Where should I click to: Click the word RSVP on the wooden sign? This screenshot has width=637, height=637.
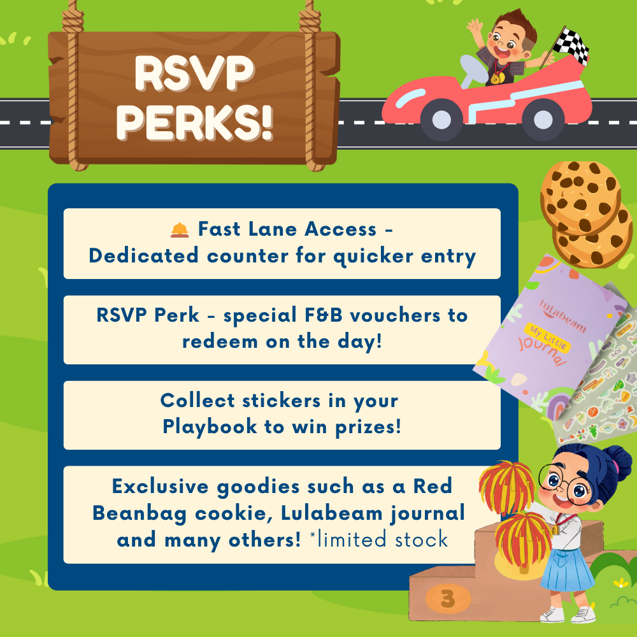click(x=194, y=73)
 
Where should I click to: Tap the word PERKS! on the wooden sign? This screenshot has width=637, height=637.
click(x=194, y=122)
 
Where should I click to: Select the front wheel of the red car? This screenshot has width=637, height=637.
click(x=441, y=120)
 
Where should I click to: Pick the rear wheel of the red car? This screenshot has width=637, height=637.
click(x=543, y=120)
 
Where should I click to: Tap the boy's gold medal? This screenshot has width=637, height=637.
click(x=496, y=78)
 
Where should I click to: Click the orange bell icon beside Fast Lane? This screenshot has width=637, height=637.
click(x=180, y=230)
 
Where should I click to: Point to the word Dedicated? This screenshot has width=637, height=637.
click(x=144, y=256)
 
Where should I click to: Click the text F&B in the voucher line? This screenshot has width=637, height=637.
click(x=324, y=315)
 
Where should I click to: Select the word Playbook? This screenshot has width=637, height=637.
click(x=210, y=427)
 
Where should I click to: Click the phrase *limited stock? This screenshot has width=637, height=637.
click(x=378, y=540)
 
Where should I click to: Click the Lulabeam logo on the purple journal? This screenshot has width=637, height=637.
click(x=562, y=316)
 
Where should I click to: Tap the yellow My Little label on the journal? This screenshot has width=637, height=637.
click(x=547, y=337)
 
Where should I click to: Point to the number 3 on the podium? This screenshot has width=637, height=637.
click(x=448, y=598)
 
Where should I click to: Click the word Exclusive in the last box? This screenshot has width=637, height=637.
click(x=160, y=486)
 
